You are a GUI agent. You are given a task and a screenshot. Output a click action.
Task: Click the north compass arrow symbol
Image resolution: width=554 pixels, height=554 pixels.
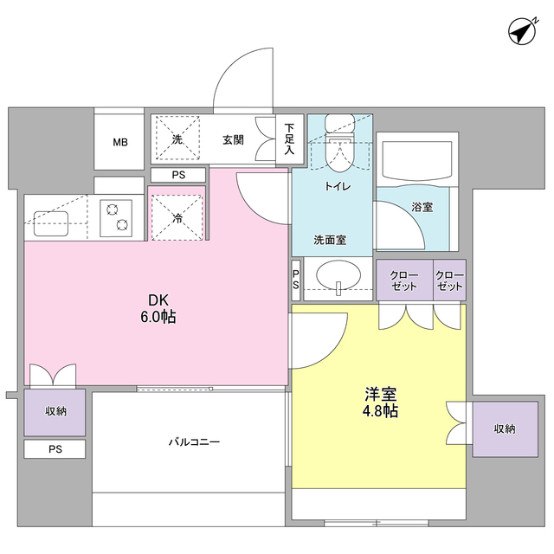(x=520, y=33)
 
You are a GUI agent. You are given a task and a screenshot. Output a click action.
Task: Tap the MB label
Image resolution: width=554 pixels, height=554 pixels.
(x=119, y=141)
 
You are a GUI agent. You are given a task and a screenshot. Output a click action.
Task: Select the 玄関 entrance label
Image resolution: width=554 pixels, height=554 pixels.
(x=233, y=139)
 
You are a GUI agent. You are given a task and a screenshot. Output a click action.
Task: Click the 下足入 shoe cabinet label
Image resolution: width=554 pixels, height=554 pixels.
(x=289, y=138)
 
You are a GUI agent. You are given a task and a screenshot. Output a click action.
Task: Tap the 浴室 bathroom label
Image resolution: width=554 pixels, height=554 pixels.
(x=422, y=208)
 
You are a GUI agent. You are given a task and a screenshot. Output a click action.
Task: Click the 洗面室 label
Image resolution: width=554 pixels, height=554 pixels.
(x=330, y=240)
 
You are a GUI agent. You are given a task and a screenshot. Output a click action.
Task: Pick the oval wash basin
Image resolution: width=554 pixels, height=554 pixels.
(x=338, y=278)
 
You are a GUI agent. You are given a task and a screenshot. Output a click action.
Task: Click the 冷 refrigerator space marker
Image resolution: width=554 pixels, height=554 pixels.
(x=177, y=218)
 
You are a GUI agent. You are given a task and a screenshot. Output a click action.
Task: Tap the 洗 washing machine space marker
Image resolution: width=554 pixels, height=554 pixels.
(x=177, y=139)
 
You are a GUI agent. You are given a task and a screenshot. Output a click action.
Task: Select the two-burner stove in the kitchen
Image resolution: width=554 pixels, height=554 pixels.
(x=116, y=216)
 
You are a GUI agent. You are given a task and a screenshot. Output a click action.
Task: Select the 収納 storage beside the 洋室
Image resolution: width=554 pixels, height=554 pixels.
(x=505, y=428)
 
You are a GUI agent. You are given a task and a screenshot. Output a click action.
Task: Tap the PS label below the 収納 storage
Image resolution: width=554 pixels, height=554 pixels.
(x=55, y=449)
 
